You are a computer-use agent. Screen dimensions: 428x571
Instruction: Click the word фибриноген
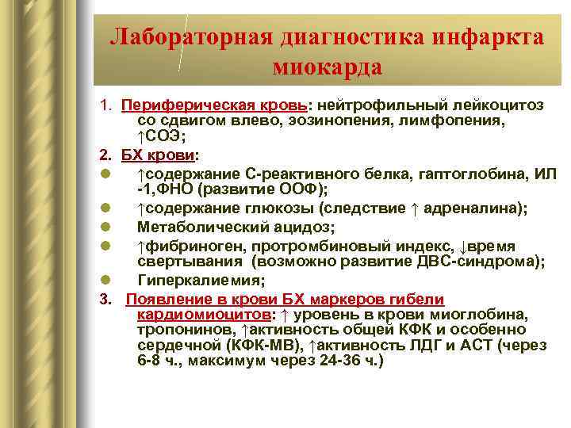coord(182,246)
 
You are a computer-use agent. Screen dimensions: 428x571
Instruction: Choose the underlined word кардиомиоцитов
coord(194,315)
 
